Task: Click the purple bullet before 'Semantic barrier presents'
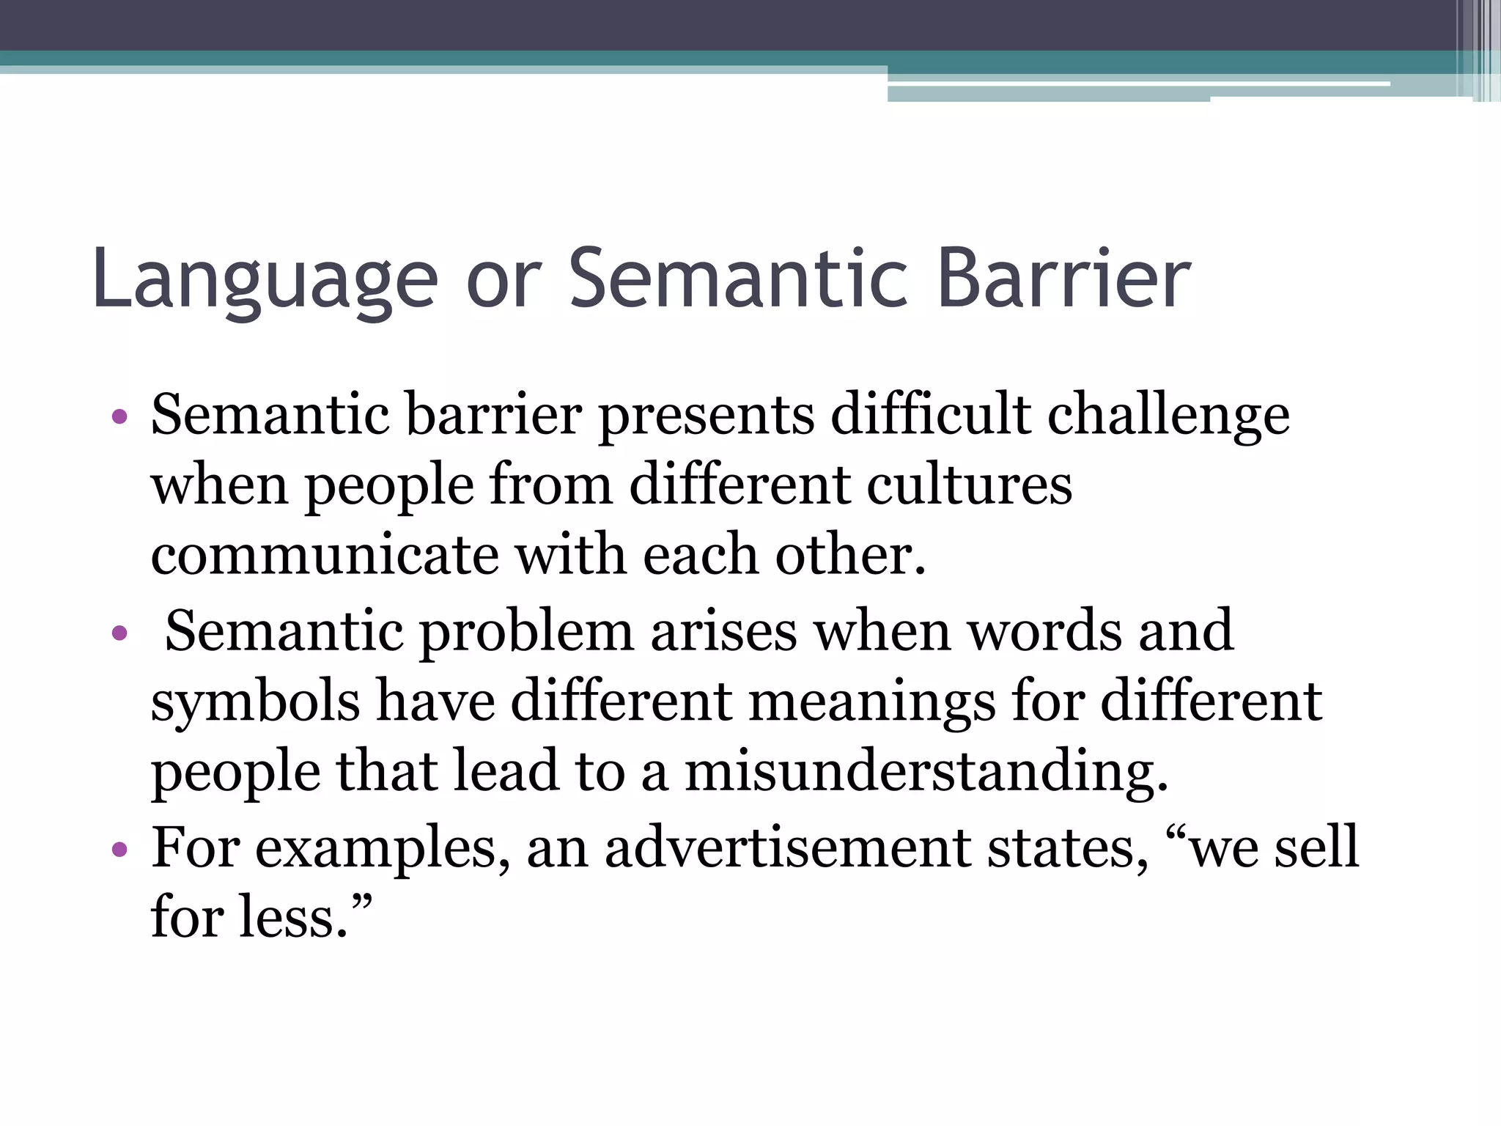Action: point(120,418)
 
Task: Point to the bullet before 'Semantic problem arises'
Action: point(120,632)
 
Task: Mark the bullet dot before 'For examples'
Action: point(120,850)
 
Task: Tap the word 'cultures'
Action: point(969,486)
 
